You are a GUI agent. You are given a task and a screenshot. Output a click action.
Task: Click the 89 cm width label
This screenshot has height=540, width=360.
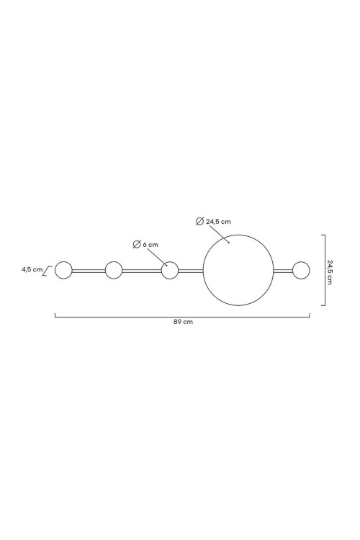pyautogui.click(x=183, y=322)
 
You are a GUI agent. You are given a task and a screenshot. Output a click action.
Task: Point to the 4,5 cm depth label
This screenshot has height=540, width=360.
pyautogui.click(x=32, y=269)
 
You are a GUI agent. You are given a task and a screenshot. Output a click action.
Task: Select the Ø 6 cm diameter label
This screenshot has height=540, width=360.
pyautogui.click(x=145, y=245)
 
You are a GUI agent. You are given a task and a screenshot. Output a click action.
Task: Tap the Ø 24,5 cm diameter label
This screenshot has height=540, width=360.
pyautogui.click(x=213, y=222)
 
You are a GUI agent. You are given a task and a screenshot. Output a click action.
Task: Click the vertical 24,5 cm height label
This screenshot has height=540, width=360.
pyautogui.click(x=330, y=271)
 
